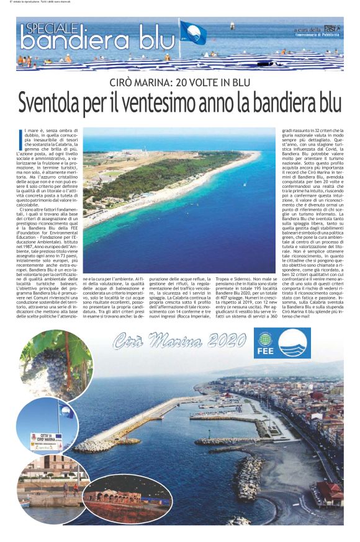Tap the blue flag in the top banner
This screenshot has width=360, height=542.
coord(194,32)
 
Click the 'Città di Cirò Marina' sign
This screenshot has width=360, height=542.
coord(47,439)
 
